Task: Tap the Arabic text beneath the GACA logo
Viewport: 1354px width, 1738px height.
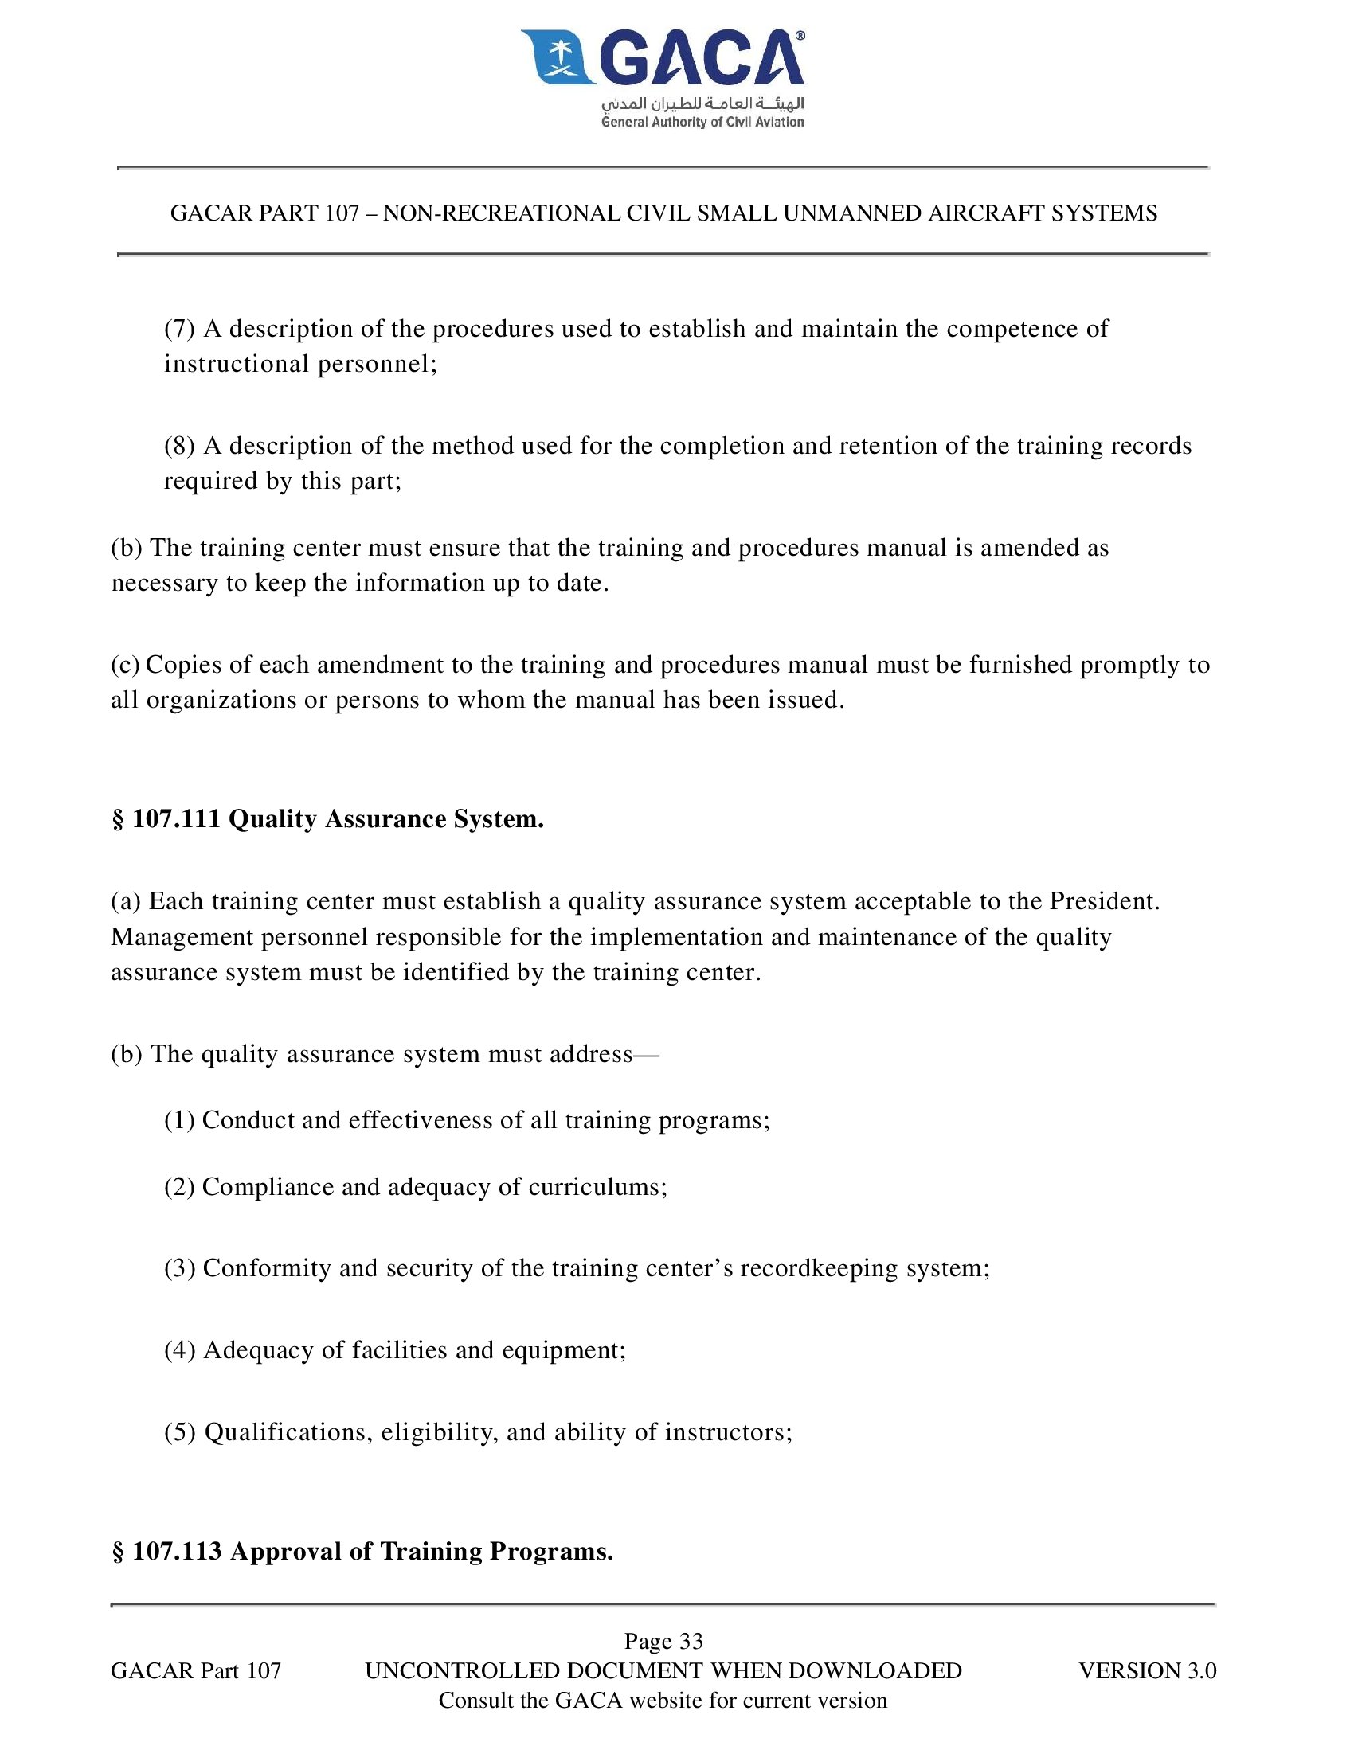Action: click(x=702, y=104)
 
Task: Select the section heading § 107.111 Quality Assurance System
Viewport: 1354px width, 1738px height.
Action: click(x=327, y=819)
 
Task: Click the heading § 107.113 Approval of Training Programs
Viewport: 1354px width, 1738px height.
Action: click(x=362, y=1551)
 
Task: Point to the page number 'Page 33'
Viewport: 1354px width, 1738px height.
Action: click(x=663, y=1641)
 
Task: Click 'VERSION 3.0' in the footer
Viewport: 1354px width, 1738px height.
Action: click(x=1147, y=1670)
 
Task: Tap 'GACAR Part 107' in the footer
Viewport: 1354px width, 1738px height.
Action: click(x=196, y=1670)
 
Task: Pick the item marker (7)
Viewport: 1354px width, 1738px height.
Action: click(x=179, y=329)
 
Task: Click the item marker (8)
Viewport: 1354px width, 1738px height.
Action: click(x=179, y=446)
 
